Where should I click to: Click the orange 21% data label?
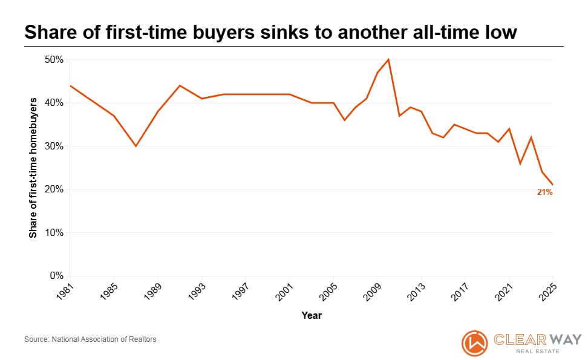tap(544, 192)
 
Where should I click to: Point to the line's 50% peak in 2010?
tap(388, 59)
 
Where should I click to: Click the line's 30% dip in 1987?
tap(136, 146)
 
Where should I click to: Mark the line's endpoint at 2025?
tap(553, 185)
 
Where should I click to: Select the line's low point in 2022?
tap(520, 163)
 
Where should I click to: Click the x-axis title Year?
tap(312, 315)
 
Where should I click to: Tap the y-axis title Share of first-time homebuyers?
tap(33, 168)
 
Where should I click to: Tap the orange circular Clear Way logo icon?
tap(474, 343)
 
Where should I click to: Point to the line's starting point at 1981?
tap(70, 85)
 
